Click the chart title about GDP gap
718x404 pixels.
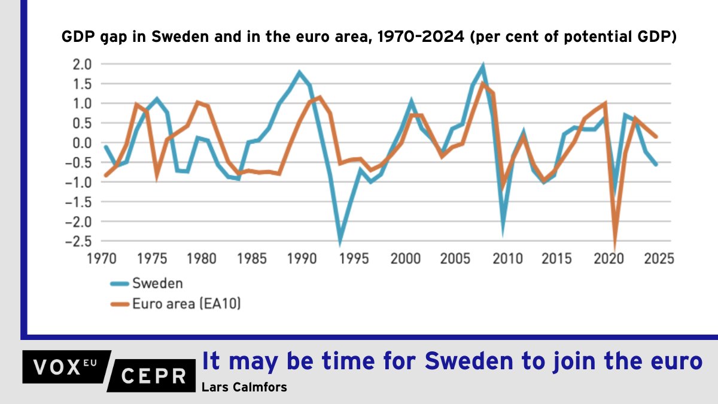369,37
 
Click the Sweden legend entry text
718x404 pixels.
157,283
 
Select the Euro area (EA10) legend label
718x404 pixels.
186,304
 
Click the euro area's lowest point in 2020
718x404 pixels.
614,245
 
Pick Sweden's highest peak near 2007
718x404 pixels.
482,66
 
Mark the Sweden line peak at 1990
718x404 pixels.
299,72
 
